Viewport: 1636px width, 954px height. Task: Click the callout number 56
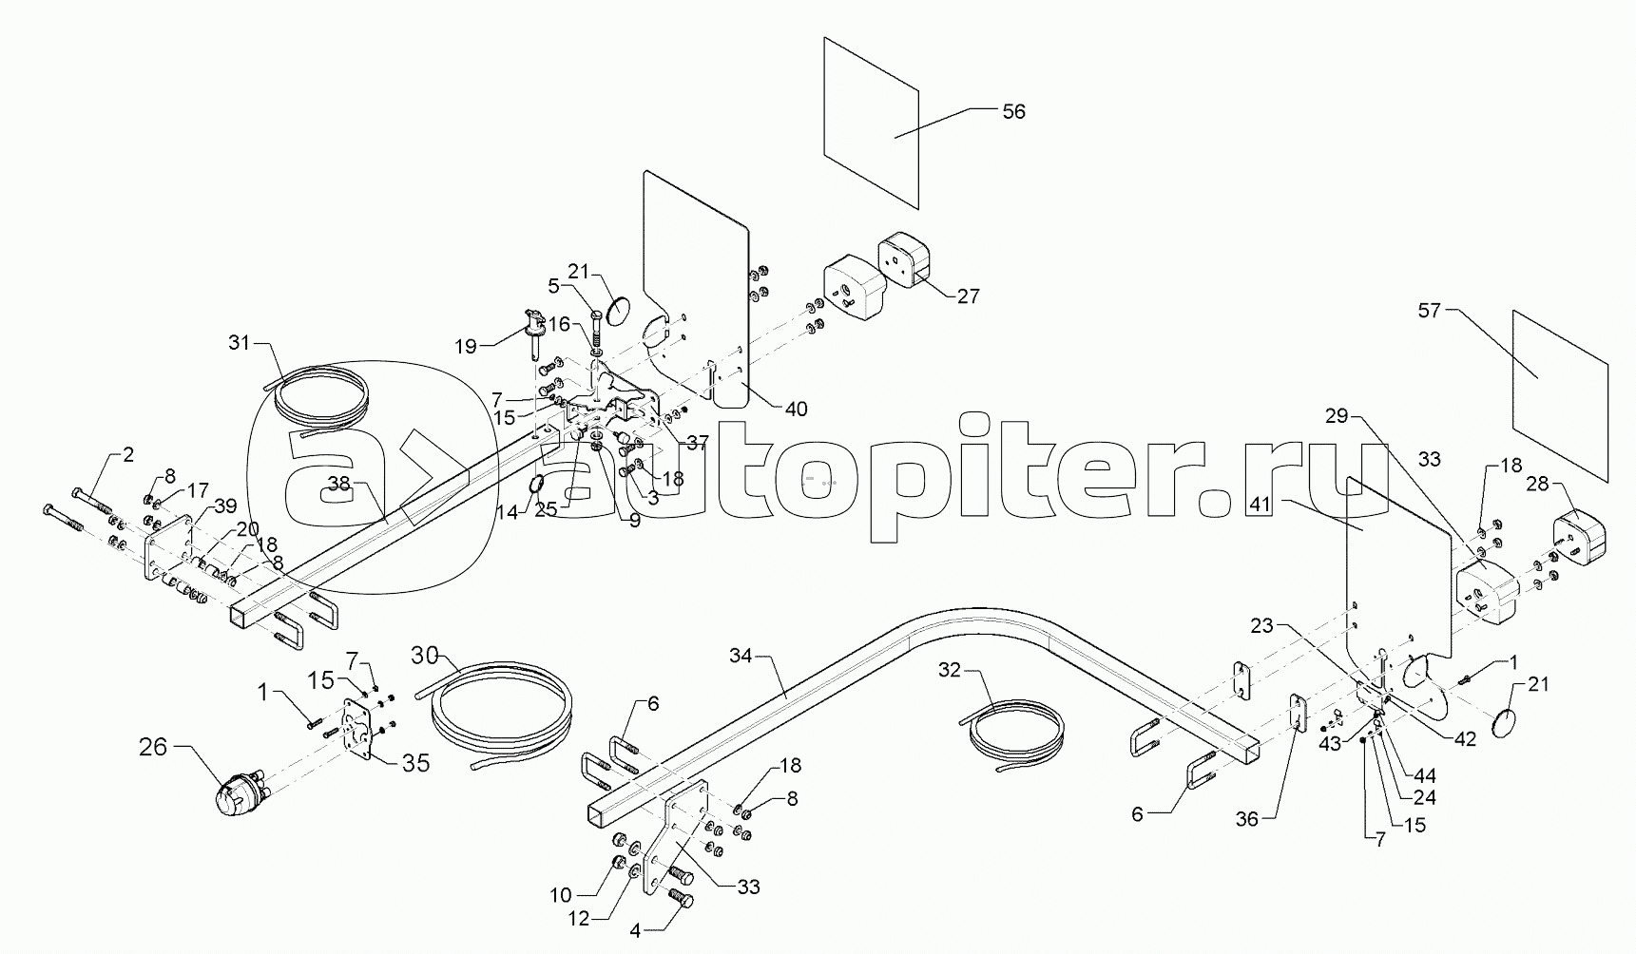click(1013, 111)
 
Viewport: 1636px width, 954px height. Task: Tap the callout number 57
click(1430, 310)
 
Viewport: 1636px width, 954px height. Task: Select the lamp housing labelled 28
click(1577, 538)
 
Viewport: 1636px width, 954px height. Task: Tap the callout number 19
click(466, 347)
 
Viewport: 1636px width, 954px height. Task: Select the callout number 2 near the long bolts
click(128, 454)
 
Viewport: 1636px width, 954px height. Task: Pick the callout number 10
click(561, 894)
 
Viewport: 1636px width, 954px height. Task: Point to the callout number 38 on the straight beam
click(339, 484)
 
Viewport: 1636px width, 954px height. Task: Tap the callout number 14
click(508, 511)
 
